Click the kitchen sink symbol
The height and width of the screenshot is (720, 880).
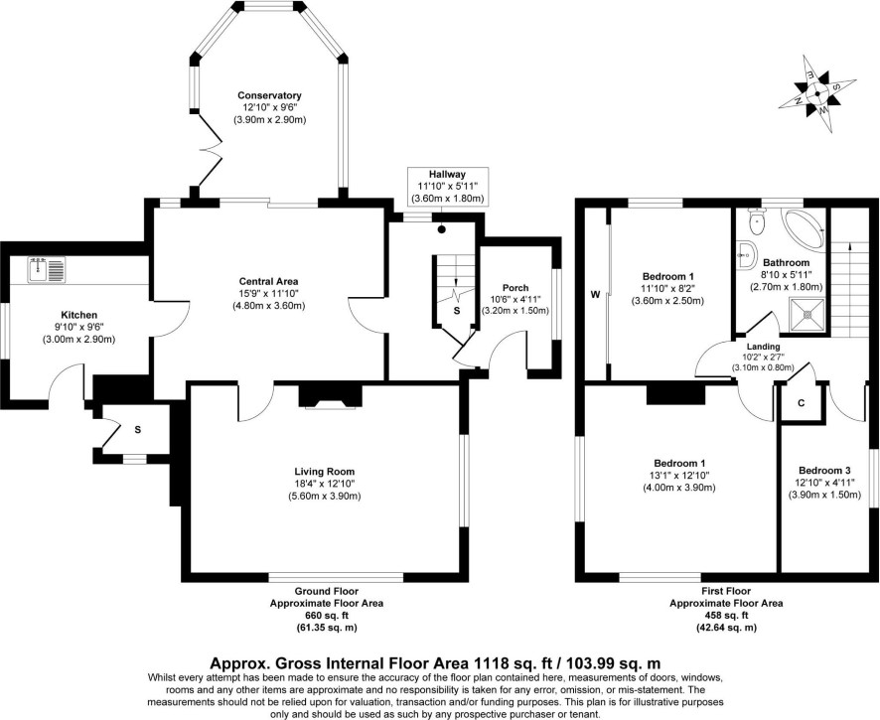click(47, 269)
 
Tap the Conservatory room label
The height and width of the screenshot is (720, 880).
click(269, 95)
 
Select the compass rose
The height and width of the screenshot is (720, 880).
click(817, 93)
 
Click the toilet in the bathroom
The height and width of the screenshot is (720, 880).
click(758, 219)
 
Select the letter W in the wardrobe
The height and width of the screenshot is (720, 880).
click(595, 295)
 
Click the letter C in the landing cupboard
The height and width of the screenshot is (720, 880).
click(801, 403)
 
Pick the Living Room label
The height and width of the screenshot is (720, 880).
click(325, 472)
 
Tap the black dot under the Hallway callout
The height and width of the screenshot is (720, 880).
click(442, 229)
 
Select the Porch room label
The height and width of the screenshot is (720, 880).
click(515, 288)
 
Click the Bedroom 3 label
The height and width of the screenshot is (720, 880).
click(824, 471)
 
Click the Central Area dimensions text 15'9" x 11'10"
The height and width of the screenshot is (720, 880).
click(269, 294)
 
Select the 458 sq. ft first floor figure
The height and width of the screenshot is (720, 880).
click(726, 616)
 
